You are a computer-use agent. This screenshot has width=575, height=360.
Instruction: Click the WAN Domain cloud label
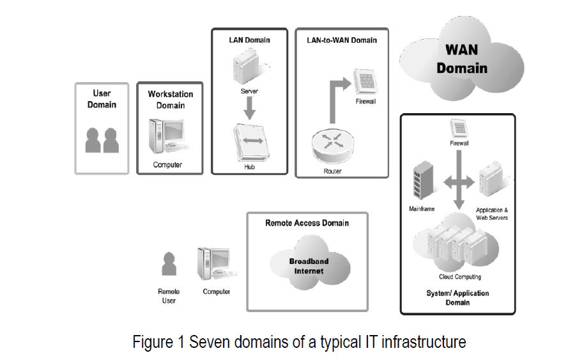461,59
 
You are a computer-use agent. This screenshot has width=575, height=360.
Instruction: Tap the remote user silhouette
169,264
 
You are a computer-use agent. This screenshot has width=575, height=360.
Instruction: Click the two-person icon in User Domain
102,140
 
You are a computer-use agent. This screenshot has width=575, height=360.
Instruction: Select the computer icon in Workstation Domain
165,137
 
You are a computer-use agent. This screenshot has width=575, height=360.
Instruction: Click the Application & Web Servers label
491,214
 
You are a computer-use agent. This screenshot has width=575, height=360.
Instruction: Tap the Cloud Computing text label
459,277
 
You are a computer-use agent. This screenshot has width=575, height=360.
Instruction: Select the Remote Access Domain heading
307,223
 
